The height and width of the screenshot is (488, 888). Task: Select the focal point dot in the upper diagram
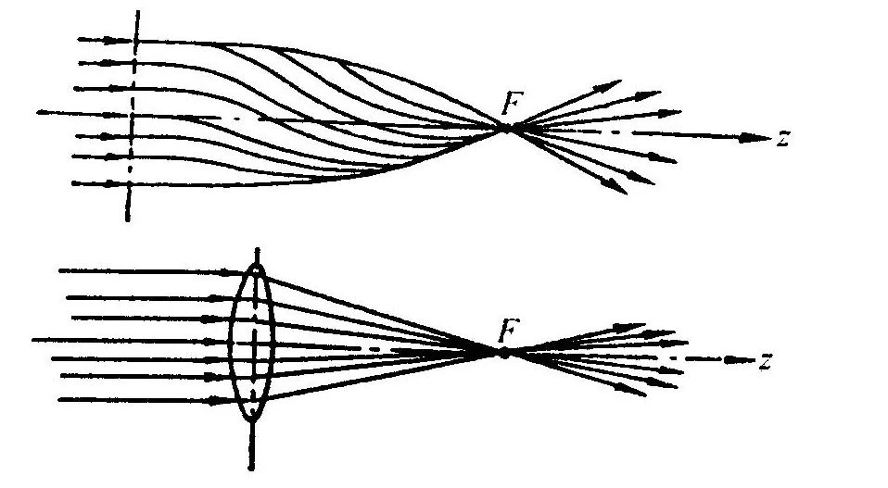tap(507, 129)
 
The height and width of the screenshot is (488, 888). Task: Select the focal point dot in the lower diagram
tap(503, 352)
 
